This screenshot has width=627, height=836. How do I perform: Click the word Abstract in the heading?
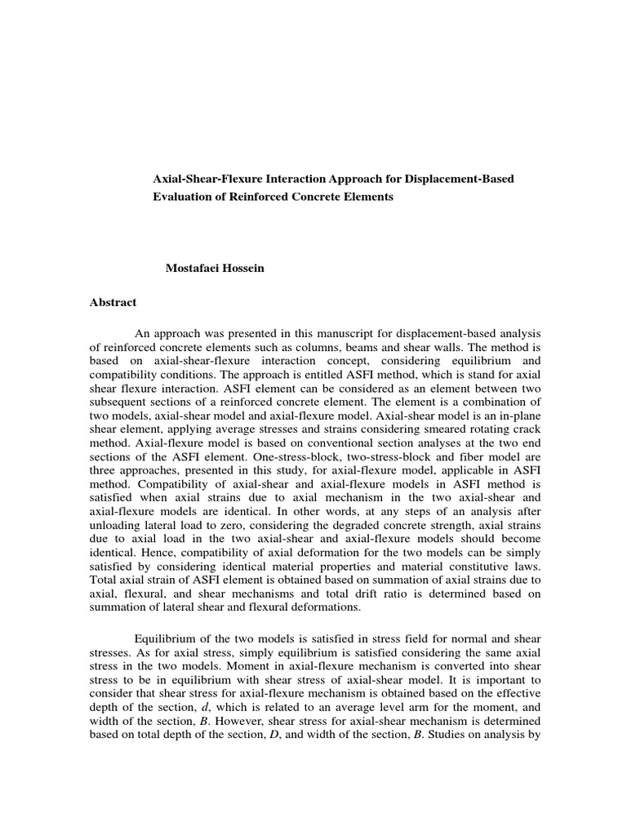[113, 303]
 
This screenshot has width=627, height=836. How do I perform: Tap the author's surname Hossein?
[247, 266]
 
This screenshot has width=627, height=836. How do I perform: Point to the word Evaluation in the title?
[185, 198]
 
